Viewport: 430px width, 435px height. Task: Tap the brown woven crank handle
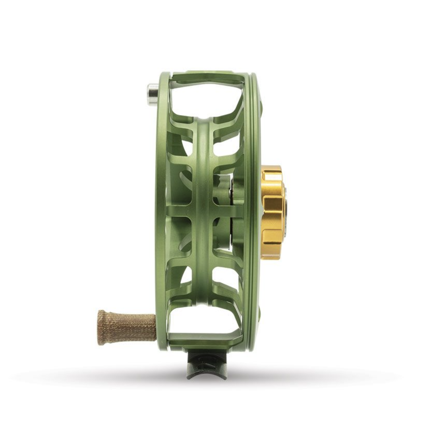point(128,323)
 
